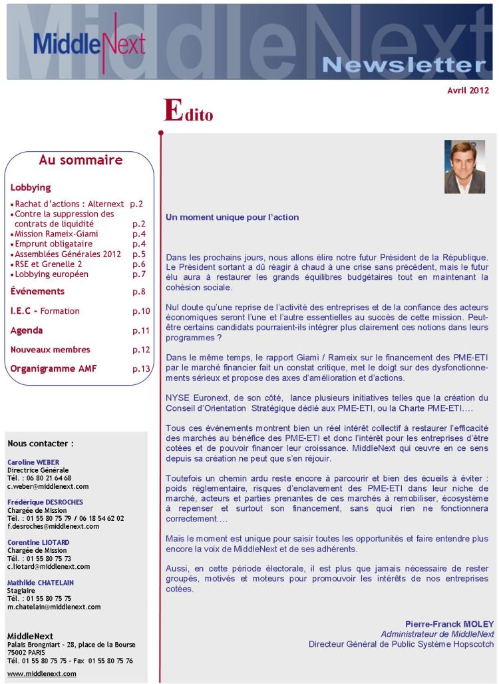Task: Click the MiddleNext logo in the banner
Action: click(x=88, y=41)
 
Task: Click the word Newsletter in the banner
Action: click(x=404, y=65)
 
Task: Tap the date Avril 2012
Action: click(x=468, y=91)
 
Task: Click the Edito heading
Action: click(x=188, y=111)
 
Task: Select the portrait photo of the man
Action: click(x=464, y=167)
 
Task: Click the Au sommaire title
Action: click(x=81, y=160)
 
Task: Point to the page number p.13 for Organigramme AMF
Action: click(x=141, y=369)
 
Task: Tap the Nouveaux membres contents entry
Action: click(x=50, y=350)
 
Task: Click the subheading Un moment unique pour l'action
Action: click(x=232, y=217)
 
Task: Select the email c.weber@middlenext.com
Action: click(x=48, y=486)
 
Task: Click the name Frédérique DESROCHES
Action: click(x=45, y=502)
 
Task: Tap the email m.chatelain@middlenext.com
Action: click(x=54, y=607)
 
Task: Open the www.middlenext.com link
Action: click(x=41, y=673)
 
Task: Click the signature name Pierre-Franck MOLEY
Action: click(x=449, y=624)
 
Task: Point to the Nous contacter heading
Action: click(x=41, y=444)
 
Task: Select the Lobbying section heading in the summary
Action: click(x=31, y=188)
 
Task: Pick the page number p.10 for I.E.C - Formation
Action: click(x=141, y=311)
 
